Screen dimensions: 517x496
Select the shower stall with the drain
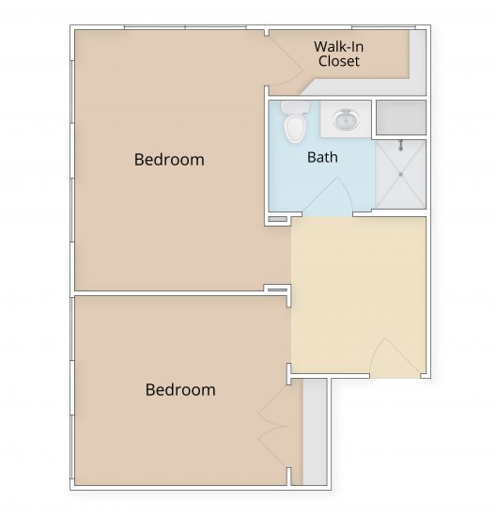400,174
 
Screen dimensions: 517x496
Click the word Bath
322,157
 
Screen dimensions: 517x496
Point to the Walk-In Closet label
338,54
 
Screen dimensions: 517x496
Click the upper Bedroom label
169,159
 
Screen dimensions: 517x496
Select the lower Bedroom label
180,389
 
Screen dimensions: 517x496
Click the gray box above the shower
400,117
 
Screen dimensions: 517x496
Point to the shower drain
401,173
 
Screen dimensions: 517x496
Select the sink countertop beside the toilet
347,119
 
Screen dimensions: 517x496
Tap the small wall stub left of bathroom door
278,219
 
